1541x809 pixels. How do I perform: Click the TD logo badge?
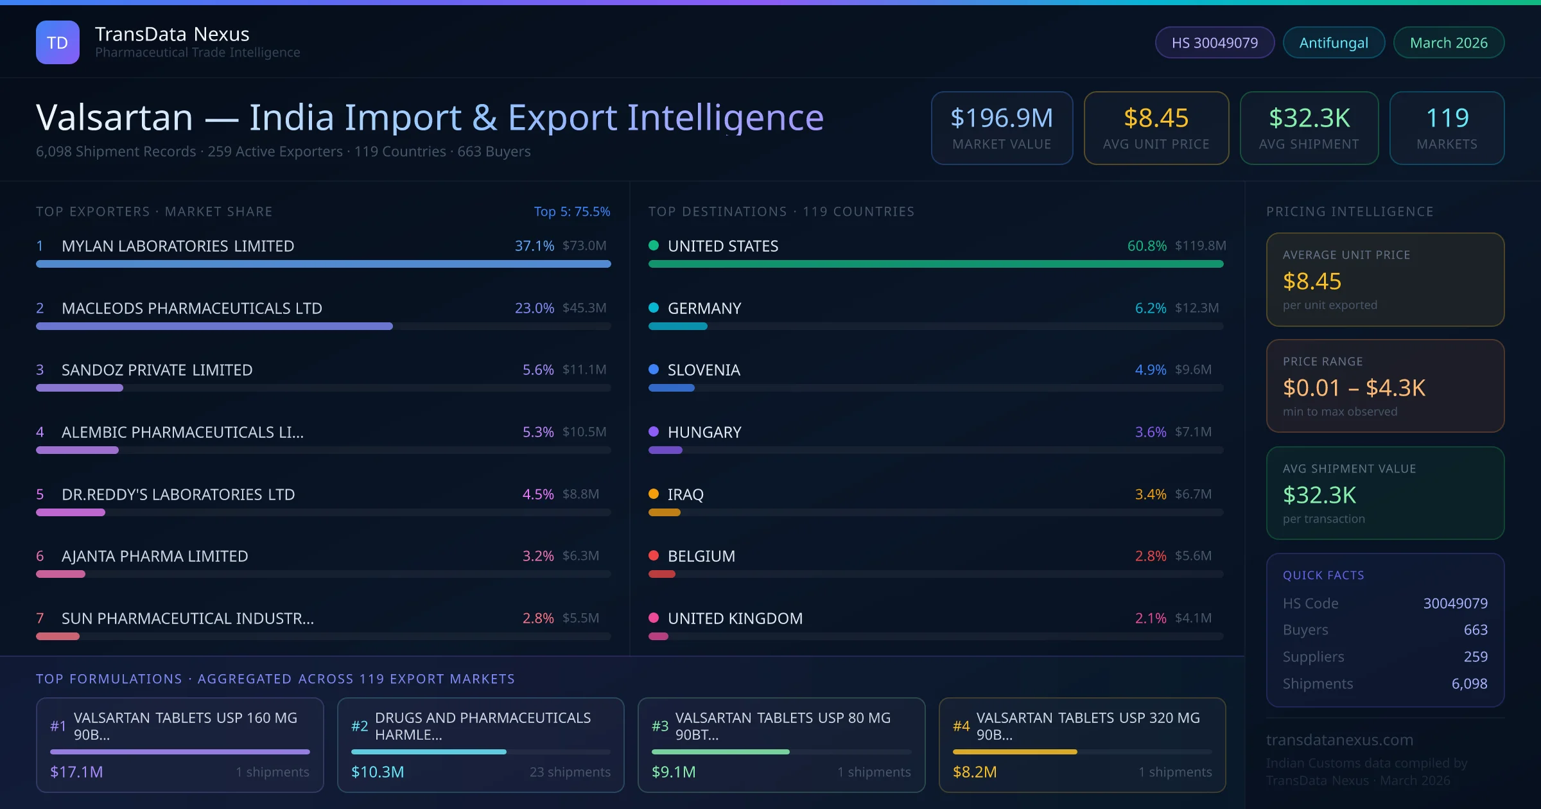(58, 42)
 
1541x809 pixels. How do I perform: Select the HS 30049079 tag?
(1214, 42)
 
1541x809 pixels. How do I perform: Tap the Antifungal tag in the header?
(1334, 42)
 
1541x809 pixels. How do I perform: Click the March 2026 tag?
(1449, 42)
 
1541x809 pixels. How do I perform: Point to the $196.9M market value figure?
(1002, 118)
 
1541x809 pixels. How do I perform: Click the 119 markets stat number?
(1447, 118)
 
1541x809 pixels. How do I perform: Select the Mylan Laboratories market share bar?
(323, 264)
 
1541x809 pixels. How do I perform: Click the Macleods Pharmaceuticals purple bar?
(214, 326)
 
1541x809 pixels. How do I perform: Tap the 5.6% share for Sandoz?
(538, 370)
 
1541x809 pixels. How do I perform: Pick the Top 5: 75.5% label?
(572, 211)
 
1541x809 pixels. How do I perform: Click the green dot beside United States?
(654, 245)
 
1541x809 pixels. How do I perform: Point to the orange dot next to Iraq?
(654, 494)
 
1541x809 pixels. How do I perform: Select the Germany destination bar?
(678, 326)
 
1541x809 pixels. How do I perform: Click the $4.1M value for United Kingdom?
(1193, 618)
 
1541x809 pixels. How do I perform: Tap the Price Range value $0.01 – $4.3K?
(1354, 388)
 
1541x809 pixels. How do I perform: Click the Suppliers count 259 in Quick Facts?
(1476, 656)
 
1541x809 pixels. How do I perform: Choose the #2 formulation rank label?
(360, 726)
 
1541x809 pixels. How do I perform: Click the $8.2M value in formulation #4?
(975, 772)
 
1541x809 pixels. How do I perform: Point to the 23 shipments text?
(570, 772)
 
